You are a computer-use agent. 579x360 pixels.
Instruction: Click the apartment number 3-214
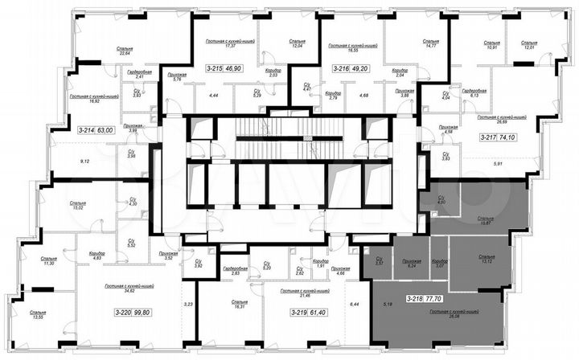(85, 128)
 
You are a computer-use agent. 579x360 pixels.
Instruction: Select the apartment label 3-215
(215, 69)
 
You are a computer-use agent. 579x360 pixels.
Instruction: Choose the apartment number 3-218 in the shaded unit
(415, 298)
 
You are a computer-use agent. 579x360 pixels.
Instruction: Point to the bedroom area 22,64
(125, 53)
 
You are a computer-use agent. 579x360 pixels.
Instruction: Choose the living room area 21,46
(309, 297)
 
